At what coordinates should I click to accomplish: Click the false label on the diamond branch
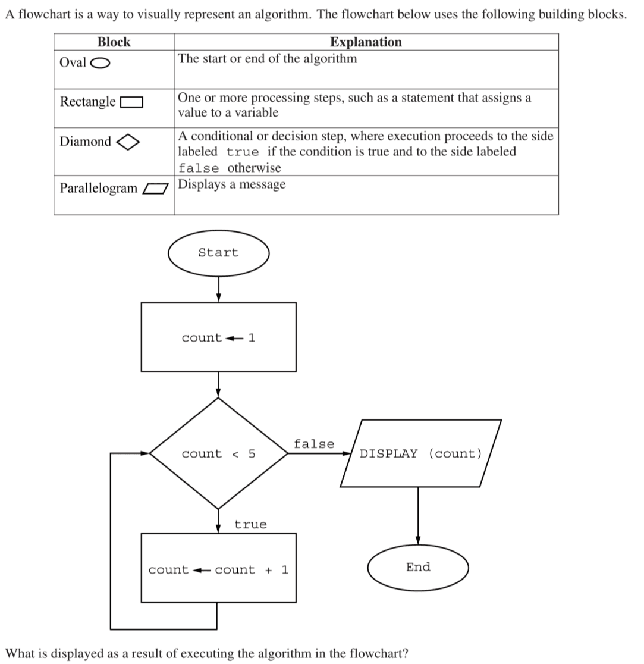(314, 444)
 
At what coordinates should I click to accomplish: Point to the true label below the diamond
(250, 524)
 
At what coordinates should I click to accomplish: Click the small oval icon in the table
(100, 63)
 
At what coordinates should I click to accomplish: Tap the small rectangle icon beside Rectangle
(131, 102)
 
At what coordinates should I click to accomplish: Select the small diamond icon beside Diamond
(128, 142)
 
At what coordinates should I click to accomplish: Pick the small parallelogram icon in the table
(155, 189)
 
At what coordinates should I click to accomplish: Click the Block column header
(114, 42)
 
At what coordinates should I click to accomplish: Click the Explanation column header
(366, 42)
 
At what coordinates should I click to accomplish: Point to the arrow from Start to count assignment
(218, 289)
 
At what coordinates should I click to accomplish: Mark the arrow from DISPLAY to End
(418, 516)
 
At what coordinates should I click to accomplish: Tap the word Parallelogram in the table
(99, 188)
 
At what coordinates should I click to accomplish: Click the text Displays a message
(232, 184)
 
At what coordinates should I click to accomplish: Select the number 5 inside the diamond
(252, 453)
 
